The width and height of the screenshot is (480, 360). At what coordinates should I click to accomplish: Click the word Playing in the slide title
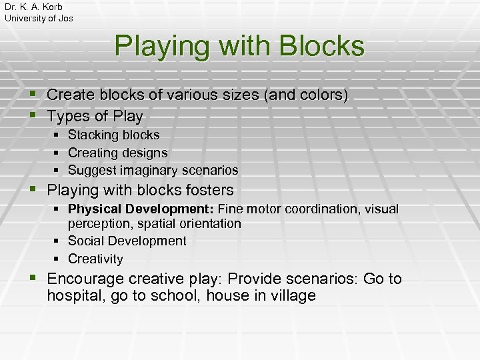(x=155, y=47)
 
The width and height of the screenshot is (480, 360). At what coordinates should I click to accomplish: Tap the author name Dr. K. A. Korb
(x=33, y=7)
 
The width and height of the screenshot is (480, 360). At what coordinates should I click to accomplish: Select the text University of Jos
(x=39, y=18)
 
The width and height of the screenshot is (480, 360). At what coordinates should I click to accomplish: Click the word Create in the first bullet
(x=71, y=96)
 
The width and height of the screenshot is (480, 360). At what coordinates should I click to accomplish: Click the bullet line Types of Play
(x=95, y=117)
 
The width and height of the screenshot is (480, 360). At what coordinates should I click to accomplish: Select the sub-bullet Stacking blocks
(x=113, y=135)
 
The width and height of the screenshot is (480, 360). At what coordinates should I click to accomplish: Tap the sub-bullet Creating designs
(x=117, y=153)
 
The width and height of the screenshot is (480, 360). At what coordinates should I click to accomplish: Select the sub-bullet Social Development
(x=127, y=241)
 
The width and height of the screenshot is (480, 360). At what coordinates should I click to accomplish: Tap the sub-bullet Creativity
(x=95, y=259)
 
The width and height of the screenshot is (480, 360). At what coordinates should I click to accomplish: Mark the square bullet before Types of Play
(x=36, y=117)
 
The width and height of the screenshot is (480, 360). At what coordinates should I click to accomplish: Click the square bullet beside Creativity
(x=58, y=259)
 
